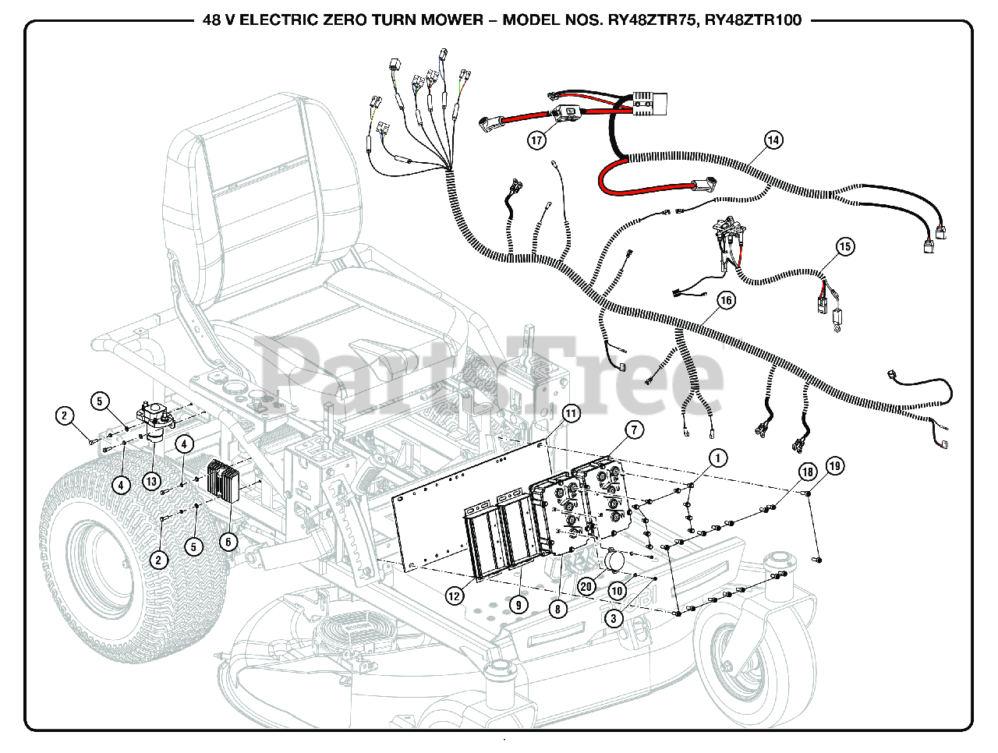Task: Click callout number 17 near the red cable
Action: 536,140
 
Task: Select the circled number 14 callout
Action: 773,140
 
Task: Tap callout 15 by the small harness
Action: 845,246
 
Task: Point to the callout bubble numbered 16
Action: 726,300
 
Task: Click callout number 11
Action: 572,413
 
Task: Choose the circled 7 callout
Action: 634,430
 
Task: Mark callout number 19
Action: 835,466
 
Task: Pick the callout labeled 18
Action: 808,472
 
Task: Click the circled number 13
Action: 151,482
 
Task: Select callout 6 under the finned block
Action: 228,542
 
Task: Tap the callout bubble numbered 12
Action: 455,596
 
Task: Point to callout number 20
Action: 586,587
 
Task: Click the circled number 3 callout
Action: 614,619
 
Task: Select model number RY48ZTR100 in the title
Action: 752,20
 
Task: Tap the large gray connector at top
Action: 649,103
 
